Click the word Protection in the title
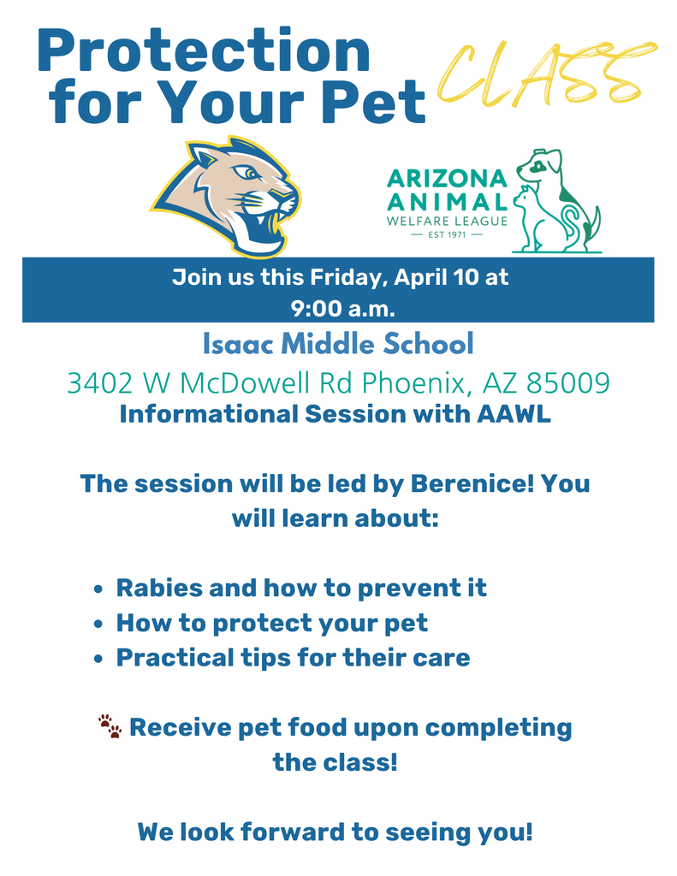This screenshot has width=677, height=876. click(204, 50)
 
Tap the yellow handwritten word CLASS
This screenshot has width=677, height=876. click(546, 74)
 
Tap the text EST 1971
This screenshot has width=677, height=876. click(447, 234)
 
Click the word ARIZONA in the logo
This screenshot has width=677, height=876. click(447, 179)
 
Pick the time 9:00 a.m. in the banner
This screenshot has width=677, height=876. click(342, 308)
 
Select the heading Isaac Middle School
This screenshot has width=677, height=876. click(338, 344)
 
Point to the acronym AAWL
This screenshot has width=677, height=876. click(514, 414)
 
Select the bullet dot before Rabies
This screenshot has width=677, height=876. click(98, 589)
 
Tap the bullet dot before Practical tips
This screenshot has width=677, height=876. click(98, 659)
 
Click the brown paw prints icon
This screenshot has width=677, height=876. click(110, 726)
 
